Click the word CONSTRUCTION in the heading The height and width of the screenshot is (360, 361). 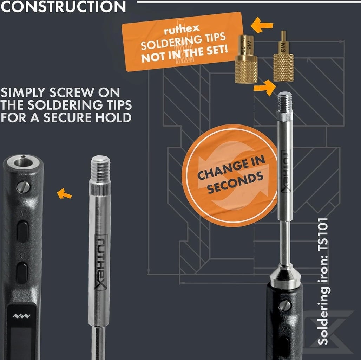coord(63,6)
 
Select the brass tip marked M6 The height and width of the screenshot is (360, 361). coord(246,59)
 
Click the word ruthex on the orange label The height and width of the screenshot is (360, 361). coord(182,30)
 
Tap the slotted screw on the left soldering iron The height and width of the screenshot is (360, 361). coord(23,187)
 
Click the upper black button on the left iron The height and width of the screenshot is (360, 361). coord(22,231)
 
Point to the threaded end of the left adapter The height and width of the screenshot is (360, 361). coord(100,169)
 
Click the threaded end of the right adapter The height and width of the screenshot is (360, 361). coord(285,101)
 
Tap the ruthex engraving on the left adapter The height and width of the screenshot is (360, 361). coord(101,262)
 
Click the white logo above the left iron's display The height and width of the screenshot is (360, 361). coord(21,316)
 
